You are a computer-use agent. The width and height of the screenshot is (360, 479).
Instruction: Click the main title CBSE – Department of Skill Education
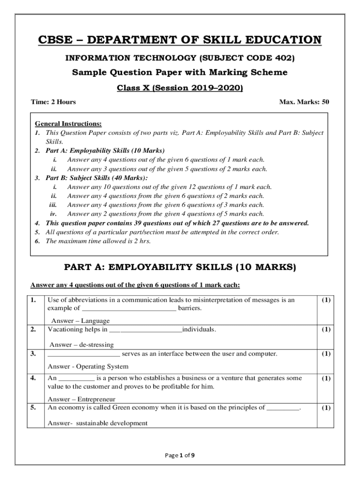tap(180, 40)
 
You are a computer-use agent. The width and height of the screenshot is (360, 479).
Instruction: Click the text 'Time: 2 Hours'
tap(53, 102)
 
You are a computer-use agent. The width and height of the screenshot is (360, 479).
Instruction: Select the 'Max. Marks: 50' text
tap(304, 102)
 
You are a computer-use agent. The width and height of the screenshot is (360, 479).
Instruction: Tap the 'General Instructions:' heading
tap(68, 124)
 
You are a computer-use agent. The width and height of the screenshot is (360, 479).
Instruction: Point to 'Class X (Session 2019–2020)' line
tap(180, 88)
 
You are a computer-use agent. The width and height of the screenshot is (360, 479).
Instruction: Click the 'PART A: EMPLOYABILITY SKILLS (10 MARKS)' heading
tap(180, 267)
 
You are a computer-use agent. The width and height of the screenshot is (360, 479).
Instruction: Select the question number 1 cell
tap(34, 300)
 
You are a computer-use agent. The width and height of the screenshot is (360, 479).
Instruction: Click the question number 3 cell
tap(34, 354)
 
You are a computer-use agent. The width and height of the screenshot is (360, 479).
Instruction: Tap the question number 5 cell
tap(34, 408)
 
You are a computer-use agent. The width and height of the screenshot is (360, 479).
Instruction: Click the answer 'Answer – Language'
tap(80, 321)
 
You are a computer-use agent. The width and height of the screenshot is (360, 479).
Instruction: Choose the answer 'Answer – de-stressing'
tap(81, 345)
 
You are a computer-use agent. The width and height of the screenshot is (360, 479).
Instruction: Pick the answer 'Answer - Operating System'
tap(88, 366)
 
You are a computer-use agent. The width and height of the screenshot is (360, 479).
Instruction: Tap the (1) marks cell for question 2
tap(326, 330)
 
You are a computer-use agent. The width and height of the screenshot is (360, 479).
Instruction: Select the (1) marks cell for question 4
tap(326, 378)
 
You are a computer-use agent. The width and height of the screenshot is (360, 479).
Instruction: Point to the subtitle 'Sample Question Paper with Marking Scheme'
tap(180, 73)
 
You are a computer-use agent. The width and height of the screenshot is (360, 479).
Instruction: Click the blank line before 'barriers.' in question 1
tap(129, 308)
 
